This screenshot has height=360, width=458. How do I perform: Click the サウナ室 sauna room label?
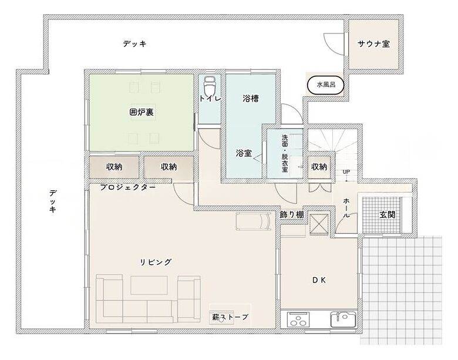373,44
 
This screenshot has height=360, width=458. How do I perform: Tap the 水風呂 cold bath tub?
326,85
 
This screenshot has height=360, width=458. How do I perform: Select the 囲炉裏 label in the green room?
142,112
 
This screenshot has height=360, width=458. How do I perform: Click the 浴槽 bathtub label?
251,99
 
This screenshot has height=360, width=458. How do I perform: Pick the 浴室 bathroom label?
244,153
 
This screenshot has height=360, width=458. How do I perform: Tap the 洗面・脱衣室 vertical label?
285,153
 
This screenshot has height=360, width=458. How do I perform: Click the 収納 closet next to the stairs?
319,167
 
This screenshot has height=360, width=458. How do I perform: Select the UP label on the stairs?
346,172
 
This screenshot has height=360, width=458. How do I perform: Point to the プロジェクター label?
127,187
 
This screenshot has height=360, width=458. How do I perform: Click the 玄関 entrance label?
388,215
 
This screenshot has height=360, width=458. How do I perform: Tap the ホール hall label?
346,208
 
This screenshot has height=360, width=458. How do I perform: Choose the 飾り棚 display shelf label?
291,215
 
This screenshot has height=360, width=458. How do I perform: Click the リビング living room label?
156,262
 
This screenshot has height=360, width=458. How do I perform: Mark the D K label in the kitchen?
319,280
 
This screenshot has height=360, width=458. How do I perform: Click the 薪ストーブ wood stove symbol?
221,317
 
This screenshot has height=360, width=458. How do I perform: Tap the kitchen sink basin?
343,319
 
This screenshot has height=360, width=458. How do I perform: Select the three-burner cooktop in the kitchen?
298,319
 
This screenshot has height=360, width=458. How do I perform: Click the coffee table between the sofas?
149,285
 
